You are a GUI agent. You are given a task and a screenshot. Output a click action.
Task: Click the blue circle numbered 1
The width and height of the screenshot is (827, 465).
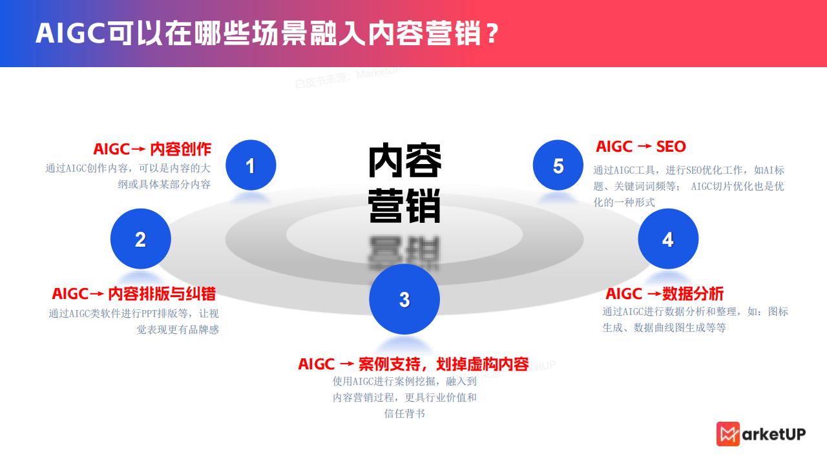pyautogui.click(x=251, y=165)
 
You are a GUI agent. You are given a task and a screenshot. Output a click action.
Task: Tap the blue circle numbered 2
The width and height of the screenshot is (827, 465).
pyautogui.click(x=141, y=239)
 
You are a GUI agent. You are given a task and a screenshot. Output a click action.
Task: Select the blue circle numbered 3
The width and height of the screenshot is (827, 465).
pyautogui.click(x=404, y=299)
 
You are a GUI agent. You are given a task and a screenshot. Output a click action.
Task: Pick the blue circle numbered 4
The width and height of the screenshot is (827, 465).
pyautogui.click(x=668, y=239)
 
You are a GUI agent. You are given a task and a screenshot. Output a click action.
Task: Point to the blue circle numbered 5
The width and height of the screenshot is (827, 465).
pyautogui.click(x=558, y=165)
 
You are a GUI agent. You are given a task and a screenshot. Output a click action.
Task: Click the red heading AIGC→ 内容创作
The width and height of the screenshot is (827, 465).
pyautogui.click(x=152, y=149)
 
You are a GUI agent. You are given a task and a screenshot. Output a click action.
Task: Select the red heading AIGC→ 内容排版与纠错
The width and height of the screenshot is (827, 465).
pyautogui.click(x=134, y=294)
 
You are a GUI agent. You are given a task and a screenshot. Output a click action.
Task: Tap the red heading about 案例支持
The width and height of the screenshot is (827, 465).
pyautogui.click(x=413, y=364)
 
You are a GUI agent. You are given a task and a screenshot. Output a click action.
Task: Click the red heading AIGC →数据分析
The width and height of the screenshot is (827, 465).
pyautogui.click(x=665, y=294)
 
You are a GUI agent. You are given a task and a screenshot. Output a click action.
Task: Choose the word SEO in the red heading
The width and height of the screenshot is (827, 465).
pyautogui.click(x=671, y=147)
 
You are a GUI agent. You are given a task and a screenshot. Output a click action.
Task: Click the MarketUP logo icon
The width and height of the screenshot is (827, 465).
pyautogui.click(x=728, y=434)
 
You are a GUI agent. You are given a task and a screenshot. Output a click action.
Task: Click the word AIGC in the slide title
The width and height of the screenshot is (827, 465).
pyautogui.click(x=70, y=33)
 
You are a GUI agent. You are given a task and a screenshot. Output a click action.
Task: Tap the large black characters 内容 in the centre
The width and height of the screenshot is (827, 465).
pyautogui.click(x=404, y=161)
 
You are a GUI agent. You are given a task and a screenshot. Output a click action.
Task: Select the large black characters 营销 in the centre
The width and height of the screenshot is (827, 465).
pyautogui.click(x=404, y=205)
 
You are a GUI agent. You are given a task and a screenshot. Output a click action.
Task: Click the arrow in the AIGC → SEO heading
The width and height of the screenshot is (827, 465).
pyautogui.click(x=644, y=147)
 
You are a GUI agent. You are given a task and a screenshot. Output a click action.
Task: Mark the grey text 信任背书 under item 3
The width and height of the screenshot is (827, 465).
pyautogui.click(x=404, y=413)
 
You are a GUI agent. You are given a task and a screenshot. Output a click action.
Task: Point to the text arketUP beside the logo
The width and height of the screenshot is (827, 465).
pyautogui.click(x=774, y=435)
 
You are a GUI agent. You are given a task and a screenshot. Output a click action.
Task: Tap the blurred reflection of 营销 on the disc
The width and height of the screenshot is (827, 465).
pyautogui.click(x=404, y=253)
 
